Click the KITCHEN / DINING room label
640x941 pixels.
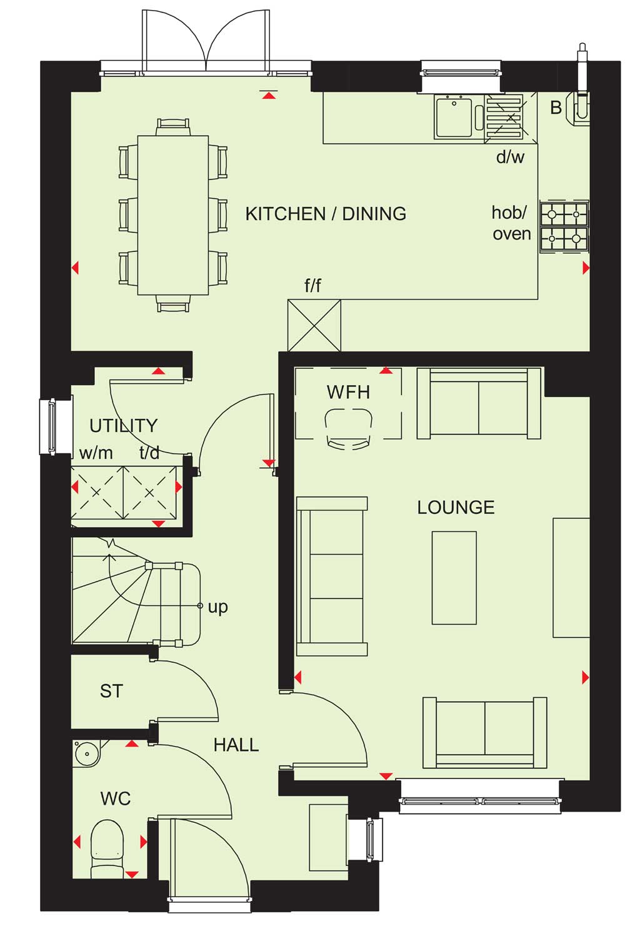[x=326, y=214]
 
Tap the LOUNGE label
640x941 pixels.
[x=456, y=508]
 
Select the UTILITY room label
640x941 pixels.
[x=124, y=426]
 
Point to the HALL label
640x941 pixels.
[x=236, y=745]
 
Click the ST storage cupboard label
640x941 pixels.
[x=111, y=691]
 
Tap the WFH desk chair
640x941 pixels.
[x=349, y=429]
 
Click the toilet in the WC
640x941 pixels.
[x=107, y=848]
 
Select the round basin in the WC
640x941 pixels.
[x=87, y=753]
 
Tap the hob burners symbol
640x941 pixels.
[x=564, y=226]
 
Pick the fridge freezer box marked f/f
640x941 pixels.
[x=314, y=325]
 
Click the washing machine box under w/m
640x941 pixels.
[x=97, y=492]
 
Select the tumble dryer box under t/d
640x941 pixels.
[x=150, y=492]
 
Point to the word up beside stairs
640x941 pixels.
[x=218, y=608]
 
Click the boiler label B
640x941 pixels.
[x=556, y=108]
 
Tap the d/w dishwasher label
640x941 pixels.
[x=510, y=157]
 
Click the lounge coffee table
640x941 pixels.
[x=454, y=578]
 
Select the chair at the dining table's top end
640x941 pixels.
[x=173, y=126]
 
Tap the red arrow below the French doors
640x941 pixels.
[x=268, y=96]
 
